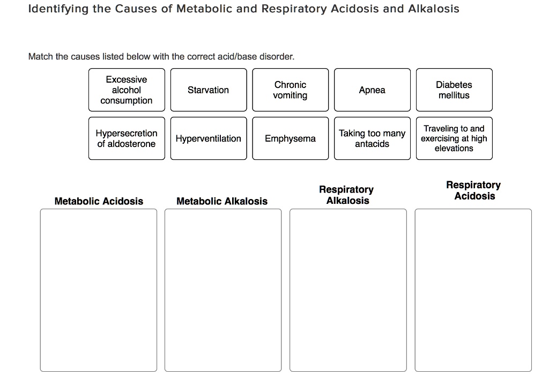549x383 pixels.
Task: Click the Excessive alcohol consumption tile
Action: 127,90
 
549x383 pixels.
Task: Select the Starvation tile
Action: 209,90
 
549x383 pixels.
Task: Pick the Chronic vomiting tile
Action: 290,90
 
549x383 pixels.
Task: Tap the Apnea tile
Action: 372,90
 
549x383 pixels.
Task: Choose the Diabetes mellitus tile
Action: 454,90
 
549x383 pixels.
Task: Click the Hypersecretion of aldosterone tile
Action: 127,138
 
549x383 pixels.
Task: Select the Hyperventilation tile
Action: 209,138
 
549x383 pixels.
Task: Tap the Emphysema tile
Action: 290,138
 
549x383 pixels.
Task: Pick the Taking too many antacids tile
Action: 372,138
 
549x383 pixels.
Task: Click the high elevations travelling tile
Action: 454,138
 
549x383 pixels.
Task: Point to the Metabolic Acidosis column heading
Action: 99,201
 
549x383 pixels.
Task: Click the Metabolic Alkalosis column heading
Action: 222,201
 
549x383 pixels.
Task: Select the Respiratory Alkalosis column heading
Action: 347,195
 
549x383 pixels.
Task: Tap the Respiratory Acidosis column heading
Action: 474,190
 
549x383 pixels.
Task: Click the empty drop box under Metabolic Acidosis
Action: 99,290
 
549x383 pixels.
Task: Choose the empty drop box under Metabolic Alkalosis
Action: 223,290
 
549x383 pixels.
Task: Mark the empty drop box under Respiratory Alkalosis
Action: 348,290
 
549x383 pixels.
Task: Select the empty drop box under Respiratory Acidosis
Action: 473,290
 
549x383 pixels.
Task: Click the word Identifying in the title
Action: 58,9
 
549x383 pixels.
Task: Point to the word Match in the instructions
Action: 41,56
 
